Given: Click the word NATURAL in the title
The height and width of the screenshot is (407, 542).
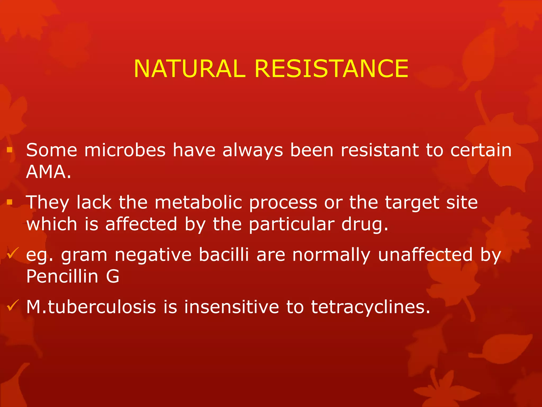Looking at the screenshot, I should [x=189, y=69].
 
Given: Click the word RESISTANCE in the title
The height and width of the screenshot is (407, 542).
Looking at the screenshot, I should [x=331, y=69].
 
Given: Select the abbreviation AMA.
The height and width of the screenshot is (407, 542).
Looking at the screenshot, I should [x=48, y=172].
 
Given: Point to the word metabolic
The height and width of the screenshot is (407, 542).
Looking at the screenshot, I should [x=198, y=203].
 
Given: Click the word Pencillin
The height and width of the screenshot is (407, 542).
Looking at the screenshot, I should [x=62, y=276].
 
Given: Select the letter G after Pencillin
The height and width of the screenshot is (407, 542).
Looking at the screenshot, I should [x=113, y=277].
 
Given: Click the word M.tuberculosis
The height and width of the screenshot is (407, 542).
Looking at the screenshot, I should [x=91, y=307].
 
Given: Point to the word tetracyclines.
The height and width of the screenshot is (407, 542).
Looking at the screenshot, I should [x=370, y=308].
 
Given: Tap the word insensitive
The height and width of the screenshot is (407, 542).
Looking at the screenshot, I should [x=232, y=307].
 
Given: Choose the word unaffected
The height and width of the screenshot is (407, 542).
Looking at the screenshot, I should [x=425, y=255].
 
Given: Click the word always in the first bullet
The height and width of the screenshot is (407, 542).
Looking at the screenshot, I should [x=252, y=151].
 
